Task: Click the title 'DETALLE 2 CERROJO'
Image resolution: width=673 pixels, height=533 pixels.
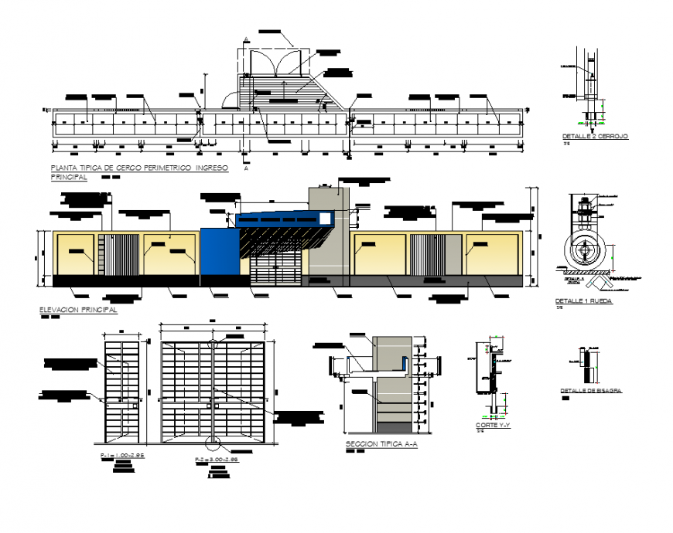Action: tap(595, 137)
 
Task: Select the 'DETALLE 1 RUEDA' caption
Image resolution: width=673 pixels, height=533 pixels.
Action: tap(584, 300)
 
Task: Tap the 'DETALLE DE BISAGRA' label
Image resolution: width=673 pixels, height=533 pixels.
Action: tap(591, 391)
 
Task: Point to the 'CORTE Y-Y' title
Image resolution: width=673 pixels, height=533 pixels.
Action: tap(493, 425)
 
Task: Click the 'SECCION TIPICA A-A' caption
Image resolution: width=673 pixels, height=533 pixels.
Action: tap(381, 444)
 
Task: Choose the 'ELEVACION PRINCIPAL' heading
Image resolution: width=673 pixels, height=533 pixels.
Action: tap(77, 310)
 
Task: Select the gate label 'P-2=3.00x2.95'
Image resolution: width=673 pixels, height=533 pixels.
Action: tap(217, 460)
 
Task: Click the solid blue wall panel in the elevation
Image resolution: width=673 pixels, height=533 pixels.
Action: tap(218, 251)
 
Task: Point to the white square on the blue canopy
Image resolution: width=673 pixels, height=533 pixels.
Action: tap(328, 219)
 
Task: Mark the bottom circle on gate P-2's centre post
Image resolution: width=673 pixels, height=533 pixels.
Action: tap(212, 443)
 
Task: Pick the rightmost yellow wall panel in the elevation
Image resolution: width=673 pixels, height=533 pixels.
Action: tap(493, 252)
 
